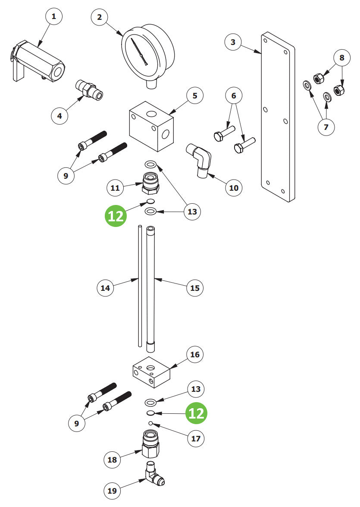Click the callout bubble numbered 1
coord(53,17)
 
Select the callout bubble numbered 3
coord(233,42)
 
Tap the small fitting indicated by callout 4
coord(90,89)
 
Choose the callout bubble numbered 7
coord(326,127)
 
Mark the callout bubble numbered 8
coord(342,57)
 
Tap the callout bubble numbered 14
coord(106,288)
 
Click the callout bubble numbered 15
coord(195,288)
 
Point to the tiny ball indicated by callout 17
coord(151,423)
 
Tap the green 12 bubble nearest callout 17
coord(197,413)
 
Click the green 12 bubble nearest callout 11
coord(116,215)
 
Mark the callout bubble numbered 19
coord(112,491)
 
